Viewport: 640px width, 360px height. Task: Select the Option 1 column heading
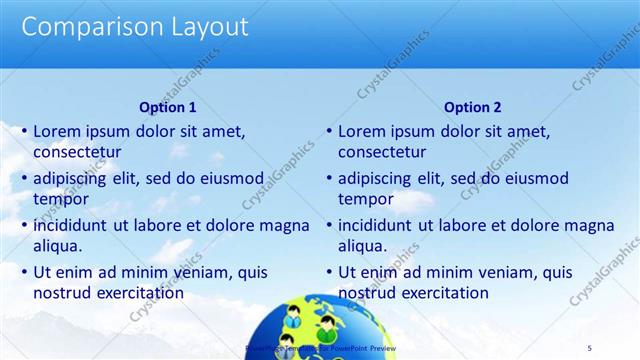click(166, 107)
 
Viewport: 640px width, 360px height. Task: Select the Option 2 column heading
click(472, 107)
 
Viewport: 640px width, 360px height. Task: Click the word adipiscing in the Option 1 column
click(73, 178)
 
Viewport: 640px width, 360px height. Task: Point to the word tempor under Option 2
click(365, 199)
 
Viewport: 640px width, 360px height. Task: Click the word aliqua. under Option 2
click(363, 246)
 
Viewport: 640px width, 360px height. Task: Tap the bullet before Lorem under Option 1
click(23, 131)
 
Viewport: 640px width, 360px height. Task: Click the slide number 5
click(589, 347)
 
